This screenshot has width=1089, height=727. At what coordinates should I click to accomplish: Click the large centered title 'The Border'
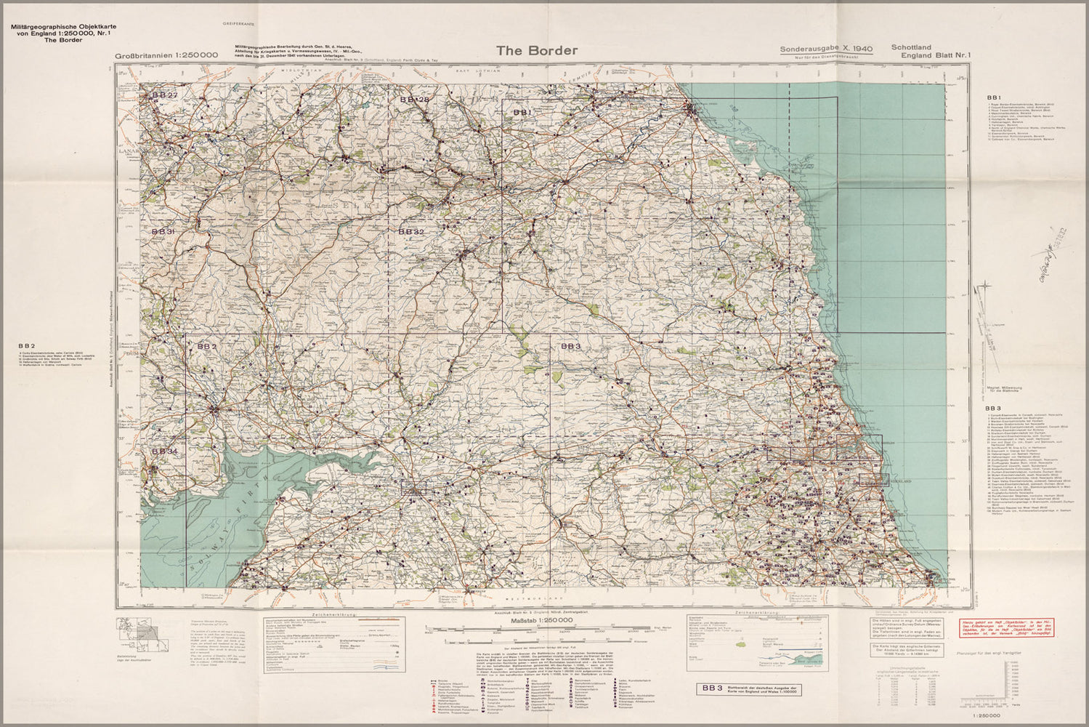click(x=537, y=50)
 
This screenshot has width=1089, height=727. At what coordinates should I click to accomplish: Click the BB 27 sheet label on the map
click(x=163, y=96)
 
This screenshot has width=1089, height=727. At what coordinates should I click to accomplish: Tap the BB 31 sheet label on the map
click(x=163, y=231)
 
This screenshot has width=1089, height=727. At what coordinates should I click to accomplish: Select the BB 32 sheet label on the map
click(x=410, y=231)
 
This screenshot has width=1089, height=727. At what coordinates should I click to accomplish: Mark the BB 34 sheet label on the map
click(x=164, y=451)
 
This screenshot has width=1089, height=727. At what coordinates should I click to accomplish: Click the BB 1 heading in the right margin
click(x=994, y=97)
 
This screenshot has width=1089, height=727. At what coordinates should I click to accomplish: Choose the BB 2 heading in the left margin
click(x=28, y=345)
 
